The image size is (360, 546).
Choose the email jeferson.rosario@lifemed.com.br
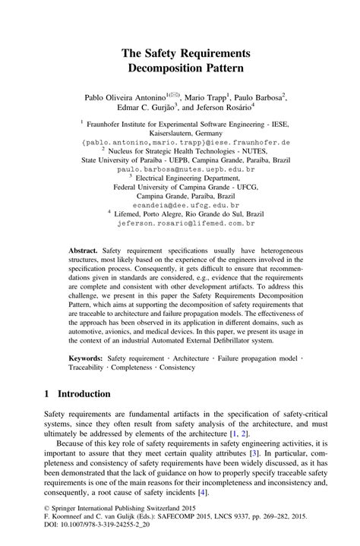point(186,224)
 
